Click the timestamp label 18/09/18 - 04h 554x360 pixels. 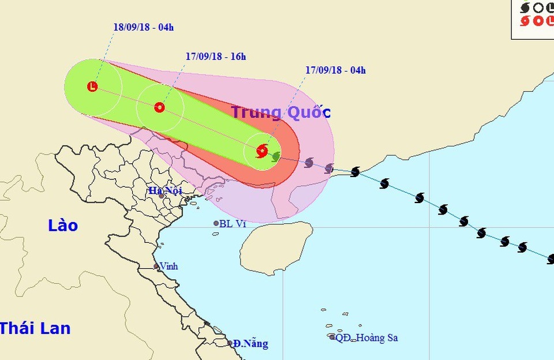point(144,27)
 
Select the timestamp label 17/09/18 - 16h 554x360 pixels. point(216,57)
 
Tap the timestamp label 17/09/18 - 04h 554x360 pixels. point(336,70)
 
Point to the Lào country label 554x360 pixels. point(63,226)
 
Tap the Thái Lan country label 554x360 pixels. point(35,329)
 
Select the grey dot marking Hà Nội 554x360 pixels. point(162,196)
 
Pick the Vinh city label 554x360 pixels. point(169,267)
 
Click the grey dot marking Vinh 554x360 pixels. point(156,267)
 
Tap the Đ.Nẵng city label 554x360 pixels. point(250,344)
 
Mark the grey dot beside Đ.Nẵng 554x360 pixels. point(230,343)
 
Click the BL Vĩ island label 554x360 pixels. point(233,224)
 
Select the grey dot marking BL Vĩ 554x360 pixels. point(216,223)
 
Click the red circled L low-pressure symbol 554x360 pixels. point(92,87)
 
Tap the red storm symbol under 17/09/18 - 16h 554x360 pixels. point(160,107)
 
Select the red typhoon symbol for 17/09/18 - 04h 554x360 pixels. point(262,151)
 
